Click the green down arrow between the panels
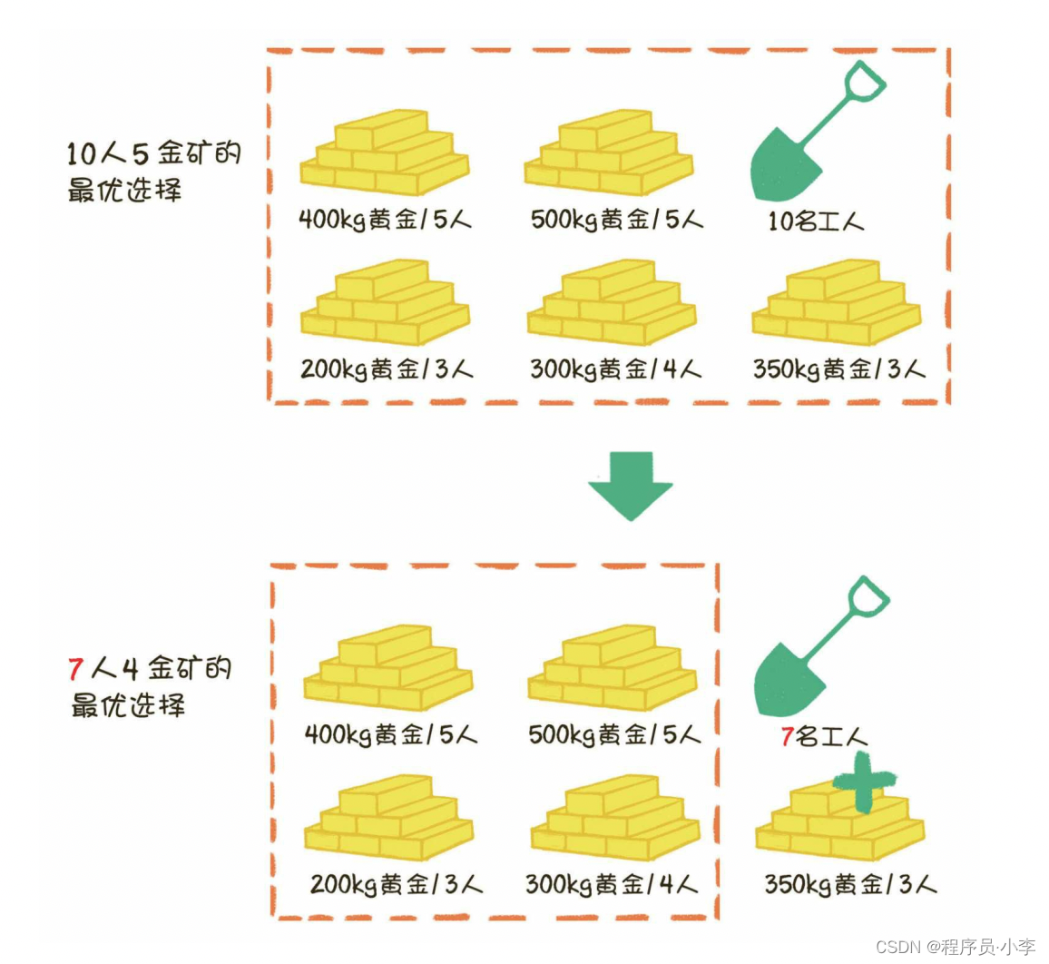coord(630,485)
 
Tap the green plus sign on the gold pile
coord(863,781)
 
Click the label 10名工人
coord(816,221)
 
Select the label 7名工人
coord(824,736)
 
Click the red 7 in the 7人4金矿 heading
coord(76,670)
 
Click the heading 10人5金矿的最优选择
coord(153,172)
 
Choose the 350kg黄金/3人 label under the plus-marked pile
coord(850,884)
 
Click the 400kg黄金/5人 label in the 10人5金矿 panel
coord(385,220)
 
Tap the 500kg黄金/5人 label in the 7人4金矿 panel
coord(615,734)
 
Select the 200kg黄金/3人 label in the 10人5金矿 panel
coord(387,369)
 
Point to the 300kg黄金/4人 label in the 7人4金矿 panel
coord(612,884)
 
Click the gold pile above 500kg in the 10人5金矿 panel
coord(608,152)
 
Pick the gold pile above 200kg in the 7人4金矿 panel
coord(388,818)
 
